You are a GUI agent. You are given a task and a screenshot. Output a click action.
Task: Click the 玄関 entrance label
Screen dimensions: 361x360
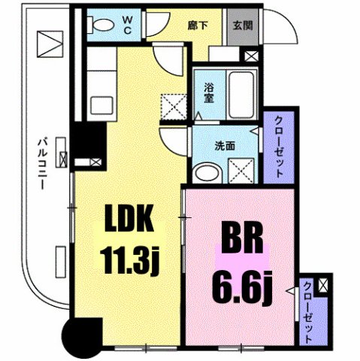click(241, 23)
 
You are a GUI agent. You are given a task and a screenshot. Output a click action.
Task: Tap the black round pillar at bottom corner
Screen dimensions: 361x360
click(81, 337)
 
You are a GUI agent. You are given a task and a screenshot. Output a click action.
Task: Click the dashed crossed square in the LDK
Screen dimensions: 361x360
click(174, 105)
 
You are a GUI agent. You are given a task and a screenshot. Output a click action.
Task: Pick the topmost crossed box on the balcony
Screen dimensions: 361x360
click(53, 43)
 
